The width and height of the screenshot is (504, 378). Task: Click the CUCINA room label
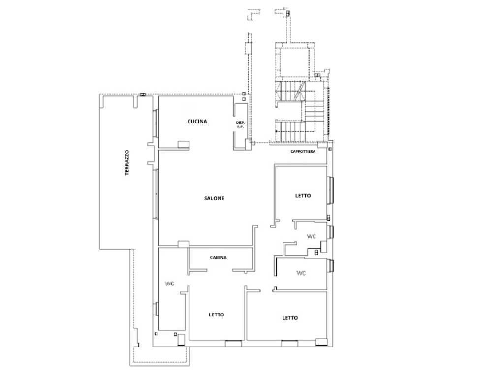197,121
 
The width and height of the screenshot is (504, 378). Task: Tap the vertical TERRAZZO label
127,162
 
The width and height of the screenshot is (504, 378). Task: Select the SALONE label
214,198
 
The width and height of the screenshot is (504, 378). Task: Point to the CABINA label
218,257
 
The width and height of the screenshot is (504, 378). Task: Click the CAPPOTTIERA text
303,151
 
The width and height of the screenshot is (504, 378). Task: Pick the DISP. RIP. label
240,125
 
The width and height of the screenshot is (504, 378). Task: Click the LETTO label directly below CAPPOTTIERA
303,195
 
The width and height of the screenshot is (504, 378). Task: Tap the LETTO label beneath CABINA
217,315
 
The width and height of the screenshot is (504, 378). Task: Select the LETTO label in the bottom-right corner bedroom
290,318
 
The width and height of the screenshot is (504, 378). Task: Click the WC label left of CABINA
170,283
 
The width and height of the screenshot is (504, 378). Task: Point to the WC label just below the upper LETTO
312,236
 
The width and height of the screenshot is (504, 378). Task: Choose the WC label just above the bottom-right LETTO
301,273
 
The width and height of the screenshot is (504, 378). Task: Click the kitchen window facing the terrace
157,123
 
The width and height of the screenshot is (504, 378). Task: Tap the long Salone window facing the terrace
157,194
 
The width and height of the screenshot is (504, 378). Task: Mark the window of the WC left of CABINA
157,309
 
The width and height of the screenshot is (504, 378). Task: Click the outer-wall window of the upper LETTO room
331,190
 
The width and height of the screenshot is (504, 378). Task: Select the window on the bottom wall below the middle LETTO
233,343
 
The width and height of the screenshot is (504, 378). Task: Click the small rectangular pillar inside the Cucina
184,144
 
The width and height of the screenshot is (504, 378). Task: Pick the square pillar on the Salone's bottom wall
184,244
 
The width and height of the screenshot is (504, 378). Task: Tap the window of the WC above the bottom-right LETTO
330,265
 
